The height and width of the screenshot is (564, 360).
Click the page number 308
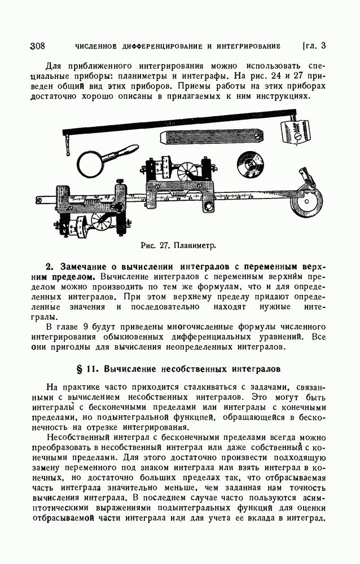(x=37, y=46)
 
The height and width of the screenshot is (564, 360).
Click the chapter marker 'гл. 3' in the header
(x=315, y=46)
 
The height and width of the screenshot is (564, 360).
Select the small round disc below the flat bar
(x=251, y=164)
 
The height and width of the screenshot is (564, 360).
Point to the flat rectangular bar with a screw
(x=212, y=137)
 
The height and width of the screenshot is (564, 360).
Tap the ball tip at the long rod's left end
(x=68, y=153)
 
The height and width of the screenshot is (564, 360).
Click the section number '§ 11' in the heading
(x=87, y=369)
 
